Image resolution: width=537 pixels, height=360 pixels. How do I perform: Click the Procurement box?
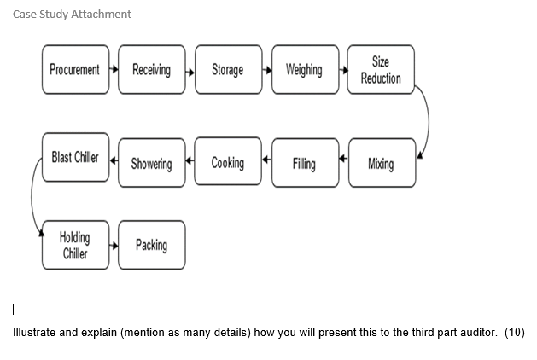tap(74, 69)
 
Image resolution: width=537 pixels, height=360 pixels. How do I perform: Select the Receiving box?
tap(151, 69)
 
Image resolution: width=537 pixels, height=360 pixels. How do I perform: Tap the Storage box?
tap(227, 69)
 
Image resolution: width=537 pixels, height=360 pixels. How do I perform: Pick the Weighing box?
tap(304, 69)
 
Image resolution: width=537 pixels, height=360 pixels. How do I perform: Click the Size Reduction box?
tap(381, 69)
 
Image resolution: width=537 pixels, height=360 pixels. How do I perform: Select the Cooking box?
tap(227, 163)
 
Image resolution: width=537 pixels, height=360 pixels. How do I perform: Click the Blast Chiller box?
tap(75, 158)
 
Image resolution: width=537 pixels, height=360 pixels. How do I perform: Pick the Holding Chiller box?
tap(75, 245)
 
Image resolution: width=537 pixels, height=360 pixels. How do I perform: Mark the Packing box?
tap(151, 245)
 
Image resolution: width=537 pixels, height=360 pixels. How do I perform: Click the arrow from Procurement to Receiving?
tap(114, 69)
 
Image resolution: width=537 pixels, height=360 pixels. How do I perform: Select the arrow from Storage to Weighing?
tap(266, 69)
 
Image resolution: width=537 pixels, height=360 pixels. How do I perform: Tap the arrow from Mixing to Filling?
tap(343, 159)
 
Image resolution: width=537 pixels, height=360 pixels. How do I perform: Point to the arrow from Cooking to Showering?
tap(190, 159)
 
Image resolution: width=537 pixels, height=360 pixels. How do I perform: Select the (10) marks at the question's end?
tap(514, 331)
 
